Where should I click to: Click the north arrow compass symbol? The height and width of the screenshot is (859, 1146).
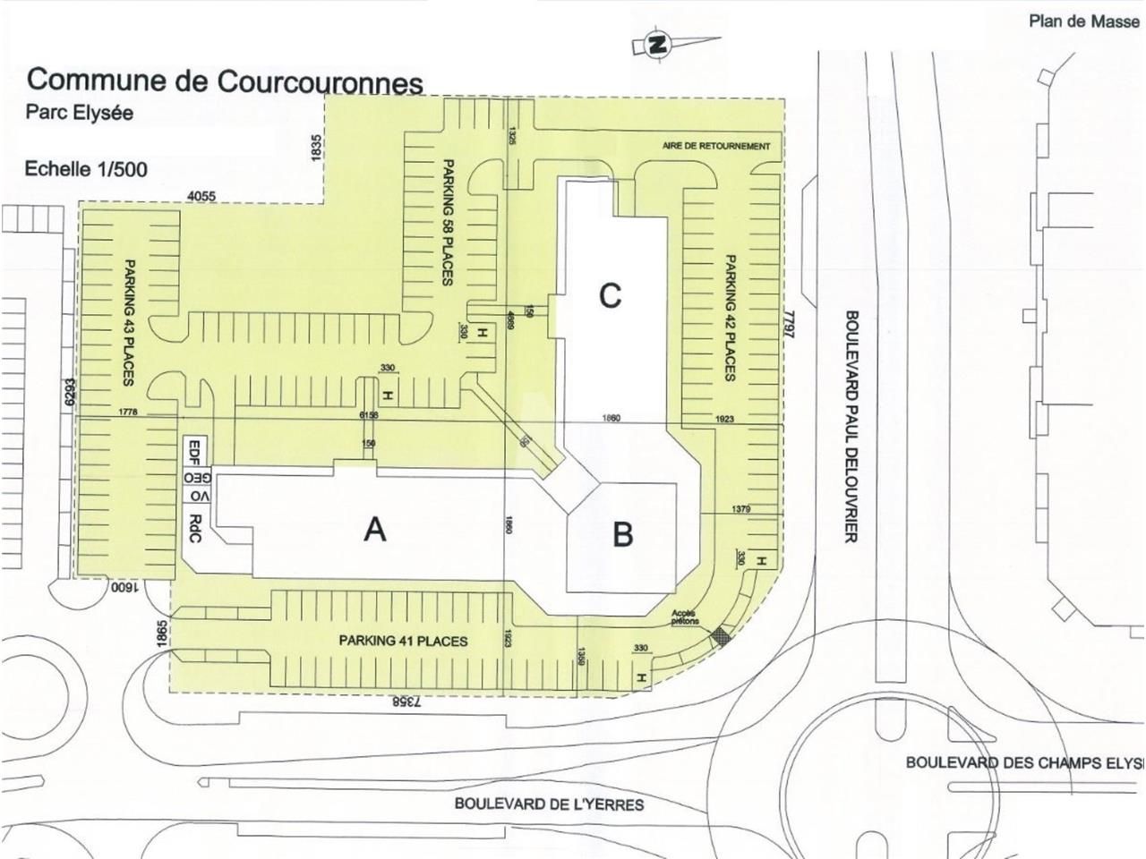[x=657, y=45]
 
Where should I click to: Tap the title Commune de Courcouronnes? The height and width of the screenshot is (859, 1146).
[x=225, y=81]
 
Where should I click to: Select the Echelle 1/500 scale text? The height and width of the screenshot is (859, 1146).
[x=87, y=168]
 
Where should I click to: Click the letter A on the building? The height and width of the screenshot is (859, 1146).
[x=375, y=530]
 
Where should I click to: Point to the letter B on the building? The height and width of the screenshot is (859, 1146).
[x=623, y=534]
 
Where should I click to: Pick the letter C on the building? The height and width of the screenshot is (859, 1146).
[x=610, y=295]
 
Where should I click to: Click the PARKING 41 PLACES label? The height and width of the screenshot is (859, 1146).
[x=403, y=641]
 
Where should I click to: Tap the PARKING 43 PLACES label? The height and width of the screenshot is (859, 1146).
[x=130, y=322]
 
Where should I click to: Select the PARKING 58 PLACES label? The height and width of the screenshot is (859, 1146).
[x=445, y=223]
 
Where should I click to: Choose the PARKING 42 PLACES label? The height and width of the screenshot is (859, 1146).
[x=730, y=318]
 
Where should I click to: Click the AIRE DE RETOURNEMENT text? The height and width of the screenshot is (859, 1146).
[x=716, y=146]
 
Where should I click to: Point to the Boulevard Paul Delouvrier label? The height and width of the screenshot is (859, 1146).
[x=851, y=426]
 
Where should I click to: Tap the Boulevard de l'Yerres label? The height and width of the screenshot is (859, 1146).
[x=549, y=804]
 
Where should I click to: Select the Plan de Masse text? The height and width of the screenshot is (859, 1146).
[x=1083, y=21]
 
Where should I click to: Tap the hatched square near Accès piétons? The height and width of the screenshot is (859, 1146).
[x=720, y=637]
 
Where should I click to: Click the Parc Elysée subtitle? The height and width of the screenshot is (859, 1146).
[x=80, y=114]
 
